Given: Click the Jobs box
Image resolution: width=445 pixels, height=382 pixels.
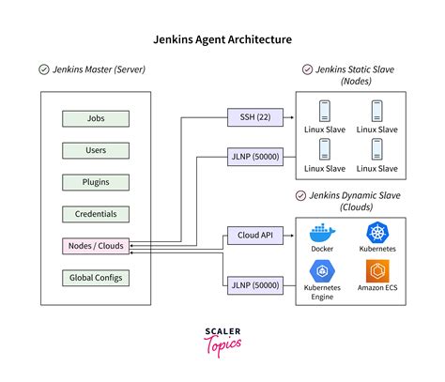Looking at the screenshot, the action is [96, 118].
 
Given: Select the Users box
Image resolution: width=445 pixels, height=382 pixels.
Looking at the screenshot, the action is [96, 150].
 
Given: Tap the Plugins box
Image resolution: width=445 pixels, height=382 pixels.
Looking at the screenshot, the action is [96, 182].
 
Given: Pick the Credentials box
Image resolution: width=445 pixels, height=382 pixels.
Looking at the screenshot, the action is [96, 214].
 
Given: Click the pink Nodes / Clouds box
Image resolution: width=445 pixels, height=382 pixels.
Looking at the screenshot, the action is [96, 246].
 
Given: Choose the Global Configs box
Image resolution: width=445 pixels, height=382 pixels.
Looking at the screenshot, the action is [96, 278].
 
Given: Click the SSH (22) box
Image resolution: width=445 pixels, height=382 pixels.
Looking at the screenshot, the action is [255, 117].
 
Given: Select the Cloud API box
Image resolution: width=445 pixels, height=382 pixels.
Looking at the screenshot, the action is [255, 236].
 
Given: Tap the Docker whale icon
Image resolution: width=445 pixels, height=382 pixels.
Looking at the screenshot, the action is [322, 233].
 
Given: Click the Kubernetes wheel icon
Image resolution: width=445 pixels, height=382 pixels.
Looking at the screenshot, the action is [377, 233].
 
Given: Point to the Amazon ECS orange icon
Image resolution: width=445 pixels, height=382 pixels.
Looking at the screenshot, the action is [377, 271].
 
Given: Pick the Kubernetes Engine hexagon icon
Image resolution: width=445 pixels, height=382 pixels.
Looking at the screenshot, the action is [322, 271].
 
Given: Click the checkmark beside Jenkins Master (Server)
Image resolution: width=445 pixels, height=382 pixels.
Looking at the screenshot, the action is [44, 69].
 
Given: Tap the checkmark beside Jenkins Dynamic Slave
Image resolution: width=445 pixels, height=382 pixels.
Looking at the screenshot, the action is [300, 196].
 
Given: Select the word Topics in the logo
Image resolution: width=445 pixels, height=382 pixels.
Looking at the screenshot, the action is [222, 345].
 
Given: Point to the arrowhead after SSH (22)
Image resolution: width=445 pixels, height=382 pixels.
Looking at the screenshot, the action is [292, 117].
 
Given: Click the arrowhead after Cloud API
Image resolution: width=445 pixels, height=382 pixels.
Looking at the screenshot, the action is [292, 236].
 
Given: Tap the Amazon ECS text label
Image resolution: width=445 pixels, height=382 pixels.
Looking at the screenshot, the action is [377, 288].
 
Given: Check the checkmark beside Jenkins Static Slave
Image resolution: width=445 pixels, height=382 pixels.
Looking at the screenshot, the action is [307, 69].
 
